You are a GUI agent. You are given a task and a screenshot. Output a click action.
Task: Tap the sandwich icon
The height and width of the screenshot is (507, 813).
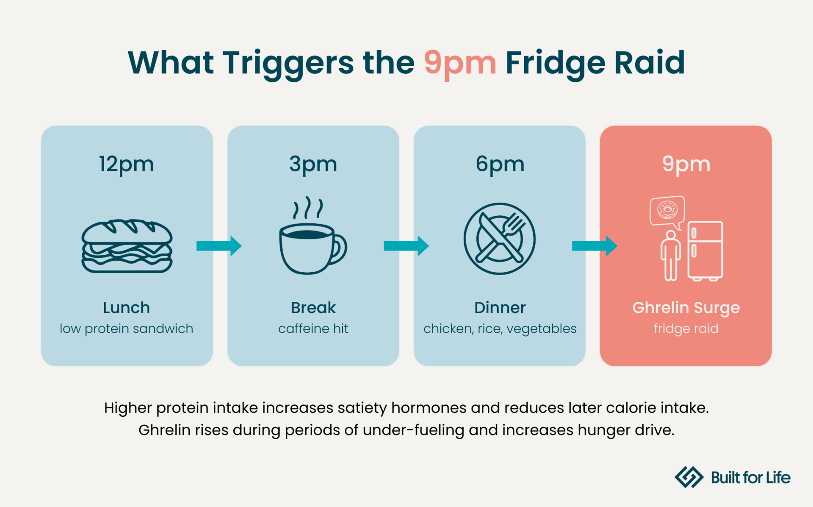click(x=127, y=246)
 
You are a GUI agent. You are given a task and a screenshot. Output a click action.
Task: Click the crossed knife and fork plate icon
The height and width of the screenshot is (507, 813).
click(x=500, y=239)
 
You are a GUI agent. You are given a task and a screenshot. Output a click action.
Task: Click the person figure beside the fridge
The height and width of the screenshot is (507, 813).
click(x=671, y=256)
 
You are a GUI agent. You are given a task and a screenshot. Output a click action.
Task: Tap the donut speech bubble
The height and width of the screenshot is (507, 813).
click(x=667, y=210)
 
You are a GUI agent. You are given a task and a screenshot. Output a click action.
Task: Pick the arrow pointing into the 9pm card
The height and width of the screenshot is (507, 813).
click(x=594, y=246)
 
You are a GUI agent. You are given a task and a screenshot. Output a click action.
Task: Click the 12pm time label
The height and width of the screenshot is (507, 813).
click(x=127, y=164)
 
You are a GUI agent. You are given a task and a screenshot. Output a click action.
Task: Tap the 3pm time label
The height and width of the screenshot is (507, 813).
click(x=313, y=164)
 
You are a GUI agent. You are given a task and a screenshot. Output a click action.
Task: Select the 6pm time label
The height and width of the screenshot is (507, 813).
click(x=500, y=164)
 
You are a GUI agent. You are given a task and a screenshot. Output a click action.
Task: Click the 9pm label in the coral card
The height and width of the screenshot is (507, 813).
click(x=686, y=164)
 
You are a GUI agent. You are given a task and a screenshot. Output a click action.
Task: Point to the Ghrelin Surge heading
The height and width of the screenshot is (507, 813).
click(x=686, y=308)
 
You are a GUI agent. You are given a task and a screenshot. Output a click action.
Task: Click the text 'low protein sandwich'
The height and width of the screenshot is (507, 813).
click(x=127, y=329)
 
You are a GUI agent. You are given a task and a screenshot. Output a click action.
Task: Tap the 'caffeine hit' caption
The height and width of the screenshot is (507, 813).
click(x=313, y=329)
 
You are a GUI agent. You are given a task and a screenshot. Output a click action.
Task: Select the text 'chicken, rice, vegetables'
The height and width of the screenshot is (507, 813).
click(x=500, y=329)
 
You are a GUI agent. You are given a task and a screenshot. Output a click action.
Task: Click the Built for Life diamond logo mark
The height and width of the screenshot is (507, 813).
click(x=689, y=477)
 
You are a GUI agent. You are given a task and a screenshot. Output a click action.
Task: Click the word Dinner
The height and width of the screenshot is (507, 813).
click(x=500, y=308)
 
